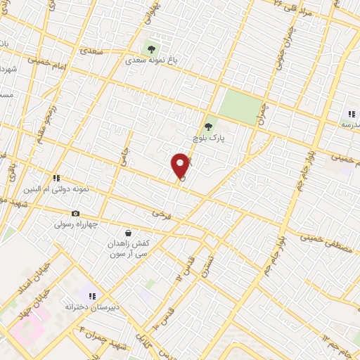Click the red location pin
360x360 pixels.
(181, 165)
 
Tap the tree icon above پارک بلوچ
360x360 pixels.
(207, 127)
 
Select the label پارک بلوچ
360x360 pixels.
(207, 139)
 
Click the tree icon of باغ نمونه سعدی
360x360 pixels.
(150, 49)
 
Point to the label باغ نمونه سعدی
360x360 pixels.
(152, 61)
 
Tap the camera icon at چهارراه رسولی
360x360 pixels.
(75, 213)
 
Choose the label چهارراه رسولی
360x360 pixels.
(78, 225)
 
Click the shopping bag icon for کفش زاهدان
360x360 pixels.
(127, 232)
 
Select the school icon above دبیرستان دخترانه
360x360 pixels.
(92, 295)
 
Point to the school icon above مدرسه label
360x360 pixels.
(352, 114)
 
